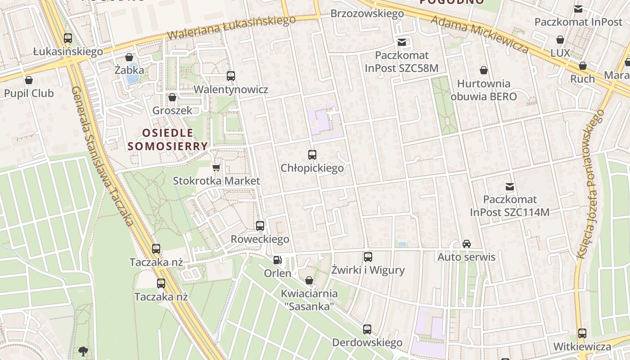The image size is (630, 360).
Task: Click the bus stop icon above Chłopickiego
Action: click(312, 155)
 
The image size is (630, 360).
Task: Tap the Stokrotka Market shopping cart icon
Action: click(216, 168)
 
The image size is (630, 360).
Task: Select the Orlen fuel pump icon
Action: click(277, 260)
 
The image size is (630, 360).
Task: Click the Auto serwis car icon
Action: click(467, 244)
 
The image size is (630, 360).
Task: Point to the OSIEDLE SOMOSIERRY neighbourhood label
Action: click(167, 139)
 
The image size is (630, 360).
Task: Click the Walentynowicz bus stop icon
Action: click(231, 76)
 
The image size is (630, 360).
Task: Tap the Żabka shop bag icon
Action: click(129, 57)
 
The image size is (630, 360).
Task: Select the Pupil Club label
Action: click(29, 93)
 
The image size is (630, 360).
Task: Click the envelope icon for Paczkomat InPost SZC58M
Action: click(401, 42)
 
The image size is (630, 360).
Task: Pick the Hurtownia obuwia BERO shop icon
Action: click(484, 70)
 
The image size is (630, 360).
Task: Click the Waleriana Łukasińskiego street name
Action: click(231, 27)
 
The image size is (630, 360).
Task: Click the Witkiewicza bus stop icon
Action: click(582, 333)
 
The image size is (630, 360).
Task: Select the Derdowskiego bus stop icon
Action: click(367, 329)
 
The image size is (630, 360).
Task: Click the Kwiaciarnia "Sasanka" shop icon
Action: click(309, 280)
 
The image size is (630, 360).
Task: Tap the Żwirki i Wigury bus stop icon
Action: click(368, 257)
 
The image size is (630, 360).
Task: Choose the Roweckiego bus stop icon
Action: click(260, 226)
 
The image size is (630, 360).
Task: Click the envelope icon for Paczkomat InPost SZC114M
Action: click(510, 186)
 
